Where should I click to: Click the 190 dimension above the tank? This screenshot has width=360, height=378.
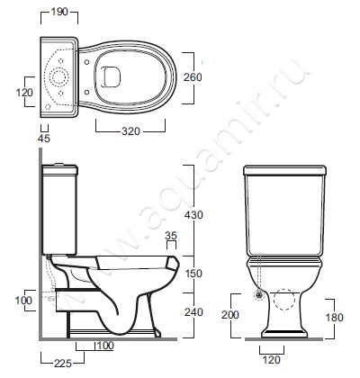[59, 12]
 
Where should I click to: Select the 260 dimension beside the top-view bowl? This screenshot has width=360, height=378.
[193, 77]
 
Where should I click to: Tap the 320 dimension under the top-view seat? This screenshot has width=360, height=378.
[130, 131]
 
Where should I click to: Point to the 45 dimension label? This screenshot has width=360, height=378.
[44, 139]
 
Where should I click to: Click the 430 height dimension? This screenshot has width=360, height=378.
[193, 215]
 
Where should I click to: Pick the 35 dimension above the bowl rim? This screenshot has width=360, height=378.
[171, 236]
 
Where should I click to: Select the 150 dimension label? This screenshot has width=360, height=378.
[193, 274]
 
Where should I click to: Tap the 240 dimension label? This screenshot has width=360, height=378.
[193, 312]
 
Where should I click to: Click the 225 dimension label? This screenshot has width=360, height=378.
[63, 364]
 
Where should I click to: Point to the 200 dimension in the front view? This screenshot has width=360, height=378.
[230, 314]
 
